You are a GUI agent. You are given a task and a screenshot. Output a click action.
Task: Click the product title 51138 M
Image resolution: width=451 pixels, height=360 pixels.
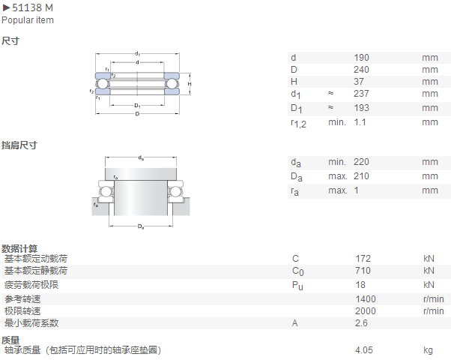pyautogui.click(x=32, y=7)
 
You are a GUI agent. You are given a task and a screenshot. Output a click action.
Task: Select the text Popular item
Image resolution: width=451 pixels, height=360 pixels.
pyautogui.click(x=28, y=20)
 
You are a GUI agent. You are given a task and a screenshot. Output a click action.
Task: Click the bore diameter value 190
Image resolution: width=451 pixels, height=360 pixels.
pyautogui.click(x=361, y=58)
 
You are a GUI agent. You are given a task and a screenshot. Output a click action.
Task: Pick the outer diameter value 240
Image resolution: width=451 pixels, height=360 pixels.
pyautogui.click(x=361, y=70)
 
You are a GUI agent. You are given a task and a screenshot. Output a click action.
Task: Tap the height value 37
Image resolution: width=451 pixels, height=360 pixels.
pyautogui.click(x=359, y=82)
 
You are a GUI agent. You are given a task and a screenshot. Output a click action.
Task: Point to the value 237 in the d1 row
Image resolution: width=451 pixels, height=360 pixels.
pyautogui.click(x=361, y=94)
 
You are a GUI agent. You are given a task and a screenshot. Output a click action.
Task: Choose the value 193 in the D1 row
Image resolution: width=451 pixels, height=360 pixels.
pyautogui.click(x=361, y=108)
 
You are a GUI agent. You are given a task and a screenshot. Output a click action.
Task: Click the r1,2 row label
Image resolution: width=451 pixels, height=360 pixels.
pyautogui.click(x=299, y=124)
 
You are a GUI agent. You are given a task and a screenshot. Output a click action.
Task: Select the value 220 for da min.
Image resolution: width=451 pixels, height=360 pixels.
pyautogui.click(x=361, y=162)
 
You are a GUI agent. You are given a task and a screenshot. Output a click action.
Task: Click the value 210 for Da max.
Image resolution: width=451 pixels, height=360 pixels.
pyautogui.click(x=361, y=176)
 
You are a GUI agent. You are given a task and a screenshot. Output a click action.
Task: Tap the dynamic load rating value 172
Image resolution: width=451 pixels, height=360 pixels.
pyautogui.click(x=363, y=259)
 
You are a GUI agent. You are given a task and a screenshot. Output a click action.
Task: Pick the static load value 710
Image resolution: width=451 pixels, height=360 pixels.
pyautogui.click(x=363, y=271)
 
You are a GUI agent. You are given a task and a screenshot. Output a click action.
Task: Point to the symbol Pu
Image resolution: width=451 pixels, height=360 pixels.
pyautogui.click(x=297, y=286)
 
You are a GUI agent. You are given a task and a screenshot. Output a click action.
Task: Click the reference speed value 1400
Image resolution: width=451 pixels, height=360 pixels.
pyautogui.click(x=366, y=299)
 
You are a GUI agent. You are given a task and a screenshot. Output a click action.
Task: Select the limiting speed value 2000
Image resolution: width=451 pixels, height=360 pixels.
pyautogui.click(x=366, y=311)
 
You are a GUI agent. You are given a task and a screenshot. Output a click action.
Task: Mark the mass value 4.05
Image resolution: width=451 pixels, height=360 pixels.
pyautogui.click(x=364, y=350)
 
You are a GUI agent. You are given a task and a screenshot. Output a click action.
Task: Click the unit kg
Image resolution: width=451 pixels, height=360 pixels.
pyautogui.click(x=429, y=350)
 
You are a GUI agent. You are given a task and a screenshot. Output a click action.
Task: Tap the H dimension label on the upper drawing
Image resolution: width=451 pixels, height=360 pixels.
pyautogui.click(x=190, y=84)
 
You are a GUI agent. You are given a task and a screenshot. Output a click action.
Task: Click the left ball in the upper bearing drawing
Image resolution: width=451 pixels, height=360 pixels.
pyautogui.click(x=102, y=84)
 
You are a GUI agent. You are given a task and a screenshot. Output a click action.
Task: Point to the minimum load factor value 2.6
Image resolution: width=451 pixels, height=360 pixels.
pyautogui.click(x=361, y=323)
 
